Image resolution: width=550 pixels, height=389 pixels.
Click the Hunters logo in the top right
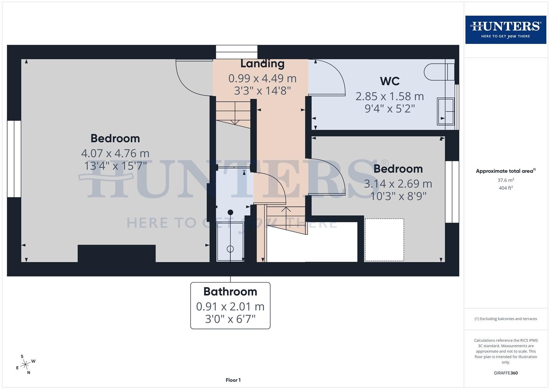[505, 30]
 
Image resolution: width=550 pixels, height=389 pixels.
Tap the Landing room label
[262, 63]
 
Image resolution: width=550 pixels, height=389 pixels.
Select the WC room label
[389, 81]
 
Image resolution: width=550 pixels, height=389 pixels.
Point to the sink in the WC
[445, 111]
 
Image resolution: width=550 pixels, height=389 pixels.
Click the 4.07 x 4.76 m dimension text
[115, 153]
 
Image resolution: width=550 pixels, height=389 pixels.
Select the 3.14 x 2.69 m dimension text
[398, 184]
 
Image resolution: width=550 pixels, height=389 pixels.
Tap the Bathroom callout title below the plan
[230, 291]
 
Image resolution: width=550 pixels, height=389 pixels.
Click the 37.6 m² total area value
[506, 180]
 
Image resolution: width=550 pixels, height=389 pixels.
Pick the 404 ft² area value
[506, 188]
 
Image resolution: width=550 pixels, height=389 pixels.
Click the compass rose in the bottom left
[25, 365]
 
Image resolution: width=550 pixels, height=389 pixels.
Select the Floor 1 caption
[233, 380]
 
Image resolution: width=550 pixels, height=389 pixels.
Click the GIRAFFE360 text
[506, 373]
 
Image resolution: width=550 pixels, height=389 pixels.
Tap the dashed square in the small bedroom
[384, 240]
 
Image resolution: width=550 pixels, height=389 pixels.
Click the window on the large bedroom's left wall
[14, 159]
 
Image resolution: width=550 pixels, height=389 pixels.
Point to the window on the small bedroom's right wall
[452, 192]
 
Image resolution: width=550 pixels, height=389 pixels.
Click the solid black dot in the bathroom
[230, 212]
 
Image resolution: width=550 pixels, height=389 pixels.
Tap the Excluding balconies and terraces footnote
[506, 319]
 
